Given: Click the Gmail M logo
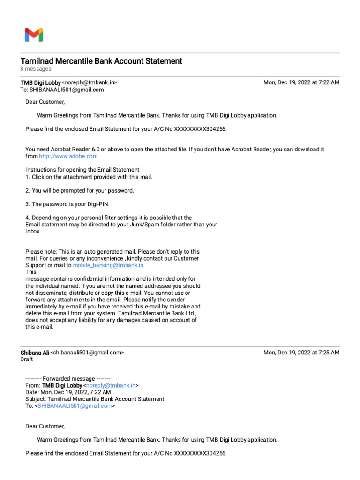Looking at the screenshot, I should pos(34,35).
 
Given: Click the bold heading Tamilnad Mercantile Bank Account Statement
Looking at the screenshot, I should pos(101,61).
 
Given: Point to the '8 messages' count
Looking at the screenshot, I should pos(36,69).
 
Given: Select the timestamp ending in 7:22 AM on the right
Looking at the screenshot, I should pos(301,82).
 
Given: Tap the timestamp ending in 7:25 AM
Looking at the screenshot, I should pos(301,352).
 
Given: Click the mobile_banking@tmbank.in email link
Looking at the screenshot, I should pos(108,265).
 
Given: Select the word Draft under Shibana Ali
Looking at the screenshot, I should pos(27,360).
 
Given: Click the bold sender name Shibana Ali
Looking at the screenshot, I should pos(35,352).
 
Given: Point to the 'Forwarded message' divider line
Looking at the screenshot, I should pos(68,378).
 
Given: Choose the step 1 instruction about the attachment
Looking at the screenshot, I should pos(89,177).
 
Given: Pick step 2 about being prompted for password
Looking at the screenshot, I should pos(80,190).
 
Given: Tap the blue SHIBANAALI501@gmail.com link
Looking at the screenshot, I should pos(75,406).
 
